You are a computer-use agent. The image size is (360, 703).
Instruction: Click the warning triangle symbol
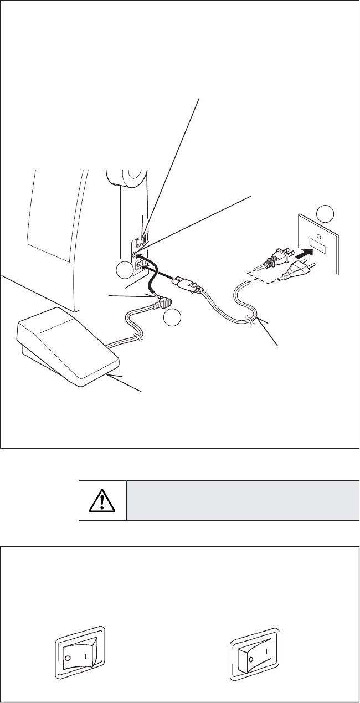[102, 500]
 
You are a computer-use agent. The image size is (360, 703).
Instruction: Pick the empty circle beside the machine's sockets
[125, 271]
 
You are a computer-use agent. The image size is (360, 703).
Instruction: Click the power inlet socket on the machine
[138, 264]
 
